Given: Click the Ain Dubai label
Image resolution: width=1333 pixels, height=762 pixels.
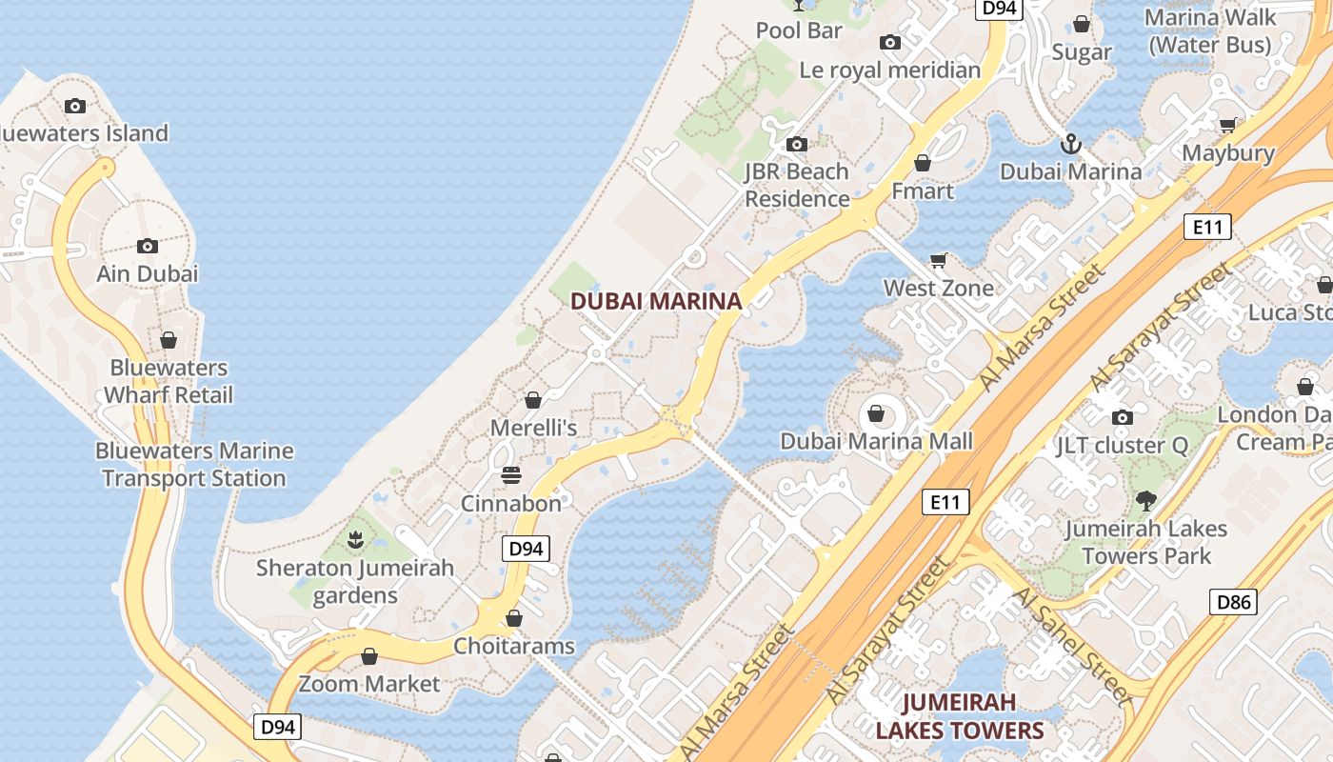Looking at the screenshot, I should point(148,273).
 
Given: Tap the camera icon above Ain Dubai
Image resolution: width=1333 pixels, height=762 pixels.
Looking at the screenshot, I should point(147,246).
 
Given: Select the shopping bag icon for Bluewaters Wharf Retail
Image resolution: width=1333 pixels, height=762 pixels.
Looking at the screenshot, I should point(169,340).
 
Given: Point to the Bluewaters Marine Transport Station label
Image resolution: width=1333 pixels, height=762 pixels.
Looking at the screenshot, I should point(194,465).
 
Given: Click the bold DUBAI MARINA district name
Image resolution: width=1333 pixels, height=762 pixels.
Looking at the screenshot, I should point(656,302).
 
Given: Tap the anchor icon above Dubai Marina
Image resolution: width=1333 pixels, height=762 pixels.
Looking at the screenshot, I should point(1071,144).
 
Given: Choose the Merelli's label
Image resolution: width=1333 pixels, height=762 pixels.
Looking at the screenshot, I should point(533,428).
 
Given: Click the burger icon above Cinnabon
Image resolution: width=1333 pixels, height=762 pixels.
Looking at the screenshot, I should point(511,474).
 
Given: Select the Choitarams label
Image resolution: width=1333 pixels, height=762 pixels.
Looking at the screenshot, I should point(514,646).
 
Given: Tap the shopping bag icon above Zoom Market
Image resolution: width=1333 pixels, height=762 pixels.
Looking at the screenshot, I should point(369,656).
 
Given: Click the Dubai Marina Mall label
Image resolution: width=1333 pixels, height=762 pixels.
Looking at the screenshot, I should point(877,441).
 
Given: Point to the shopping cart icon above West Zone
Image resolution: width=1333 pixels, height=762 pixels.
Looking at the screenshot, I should point(938,260).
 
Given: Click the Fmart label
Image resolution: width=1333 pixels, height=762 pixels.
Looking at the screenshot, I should point(922,190).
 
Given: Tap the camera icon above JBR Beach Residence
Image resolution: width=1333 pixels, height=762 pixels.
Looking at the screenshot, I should point(797,145).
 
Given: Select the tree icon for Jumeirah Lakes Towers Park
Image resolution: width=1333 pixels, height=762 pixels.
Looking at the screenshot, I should point(1146,500).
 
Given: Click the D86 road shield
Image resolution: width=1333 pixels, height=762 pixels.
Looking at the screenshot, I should point(1233,602).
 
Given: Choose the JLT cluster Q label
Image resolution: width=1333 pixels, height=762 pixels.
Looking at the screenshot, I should point(1122,445).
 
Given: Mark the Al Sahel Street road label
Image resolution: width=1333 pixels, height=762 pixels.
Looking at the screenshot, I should point(1070,644).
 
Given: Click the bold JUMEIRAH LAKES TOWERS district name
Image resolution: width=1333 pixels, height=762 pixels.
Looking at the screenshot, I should point(960,716).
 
